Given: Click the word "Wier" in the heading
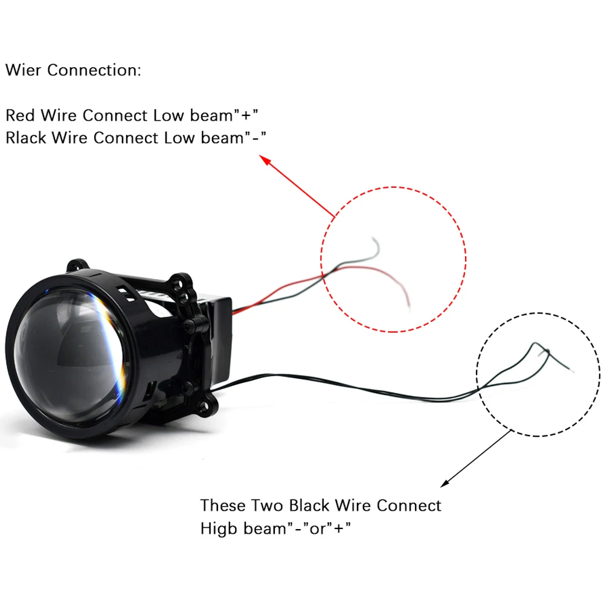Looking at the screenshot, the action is [24, 70].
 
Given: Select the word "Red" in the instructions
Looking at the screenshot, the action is [20, 115].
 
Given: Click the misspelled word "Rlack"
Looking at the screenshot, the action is [26, 138].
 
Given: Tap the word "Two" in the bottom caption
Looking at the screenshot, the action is [266, 505].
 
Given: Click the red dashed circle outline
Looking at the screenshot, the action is [465, 260].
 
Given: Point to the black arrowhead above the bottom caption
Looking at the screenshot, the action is [445, 483].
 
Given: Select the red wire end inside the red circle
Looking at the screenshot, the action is [408, 305].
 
